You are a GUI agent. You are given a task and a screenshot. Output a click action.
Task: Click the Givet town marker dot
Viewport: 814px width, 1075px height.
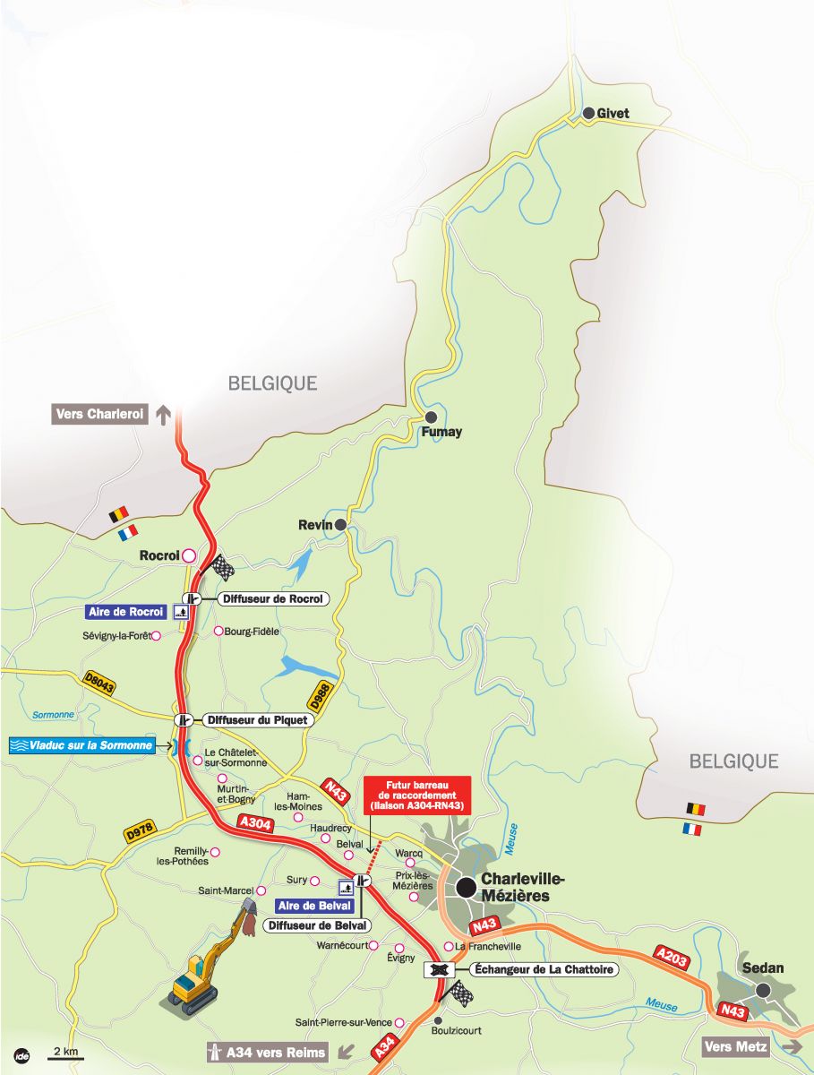588,113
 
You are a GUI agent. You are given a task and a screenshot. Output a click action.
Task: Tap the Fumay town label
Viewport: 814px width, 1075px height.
441,433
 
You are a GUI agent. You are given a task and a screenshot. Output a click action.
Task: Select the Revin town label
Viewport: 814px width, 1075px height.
315,525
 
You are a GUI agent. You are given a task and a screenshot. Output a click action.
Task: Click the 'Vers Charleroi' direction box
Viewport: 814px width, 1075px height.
99,415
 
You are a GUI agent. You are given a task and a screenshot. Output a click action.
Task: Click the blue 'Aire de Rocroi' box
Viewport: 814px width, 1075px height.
126,612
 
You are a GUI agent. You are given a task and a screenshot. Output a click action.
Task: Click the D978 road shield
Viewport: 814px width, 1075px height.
140,830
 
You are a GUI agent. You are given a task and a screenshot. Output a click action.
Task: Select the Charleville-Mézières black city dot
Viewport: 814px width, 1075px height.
466,887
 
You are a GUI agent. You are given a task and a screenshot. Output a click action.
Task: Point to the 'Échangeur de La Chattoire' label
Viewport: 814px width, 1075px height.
543,969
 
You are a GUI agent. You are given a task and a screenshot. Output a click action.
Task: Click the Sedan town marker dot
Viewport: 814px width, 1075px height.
763,990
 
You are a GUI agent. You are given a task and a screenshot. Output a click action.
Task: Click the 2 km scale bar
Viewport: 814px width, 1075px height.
64,1058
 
